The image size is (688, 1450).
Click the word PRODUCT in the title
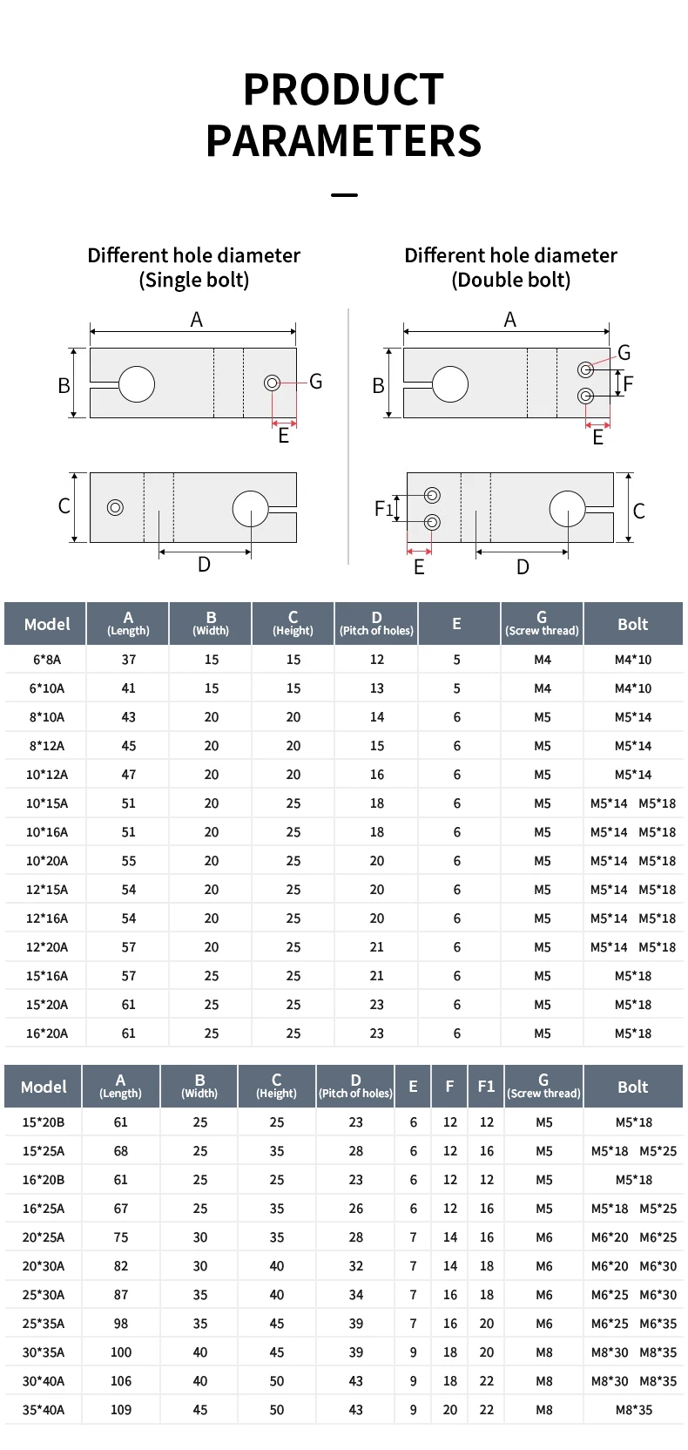pos(344,90)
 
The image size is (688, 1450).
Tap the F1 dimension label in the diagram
pos(384,509)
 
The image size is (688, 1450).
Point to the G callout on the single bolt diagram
pos(316,382)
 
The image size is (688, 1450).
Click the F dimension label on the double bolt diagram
pos(628,383)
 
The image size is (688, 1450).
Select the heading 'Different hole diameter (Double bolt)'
pos(510,268)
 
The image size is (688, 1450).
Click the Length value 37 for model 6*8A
pos(129,660)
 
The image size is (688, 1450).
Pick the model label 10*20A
pos(47,861)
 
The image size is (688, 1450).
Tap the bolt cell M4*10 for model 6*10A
pos(633,688)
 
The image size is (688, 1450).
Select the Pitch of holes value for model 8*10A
pos(377,717)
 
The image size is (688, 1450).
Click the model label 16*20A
pos(47,1033)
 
